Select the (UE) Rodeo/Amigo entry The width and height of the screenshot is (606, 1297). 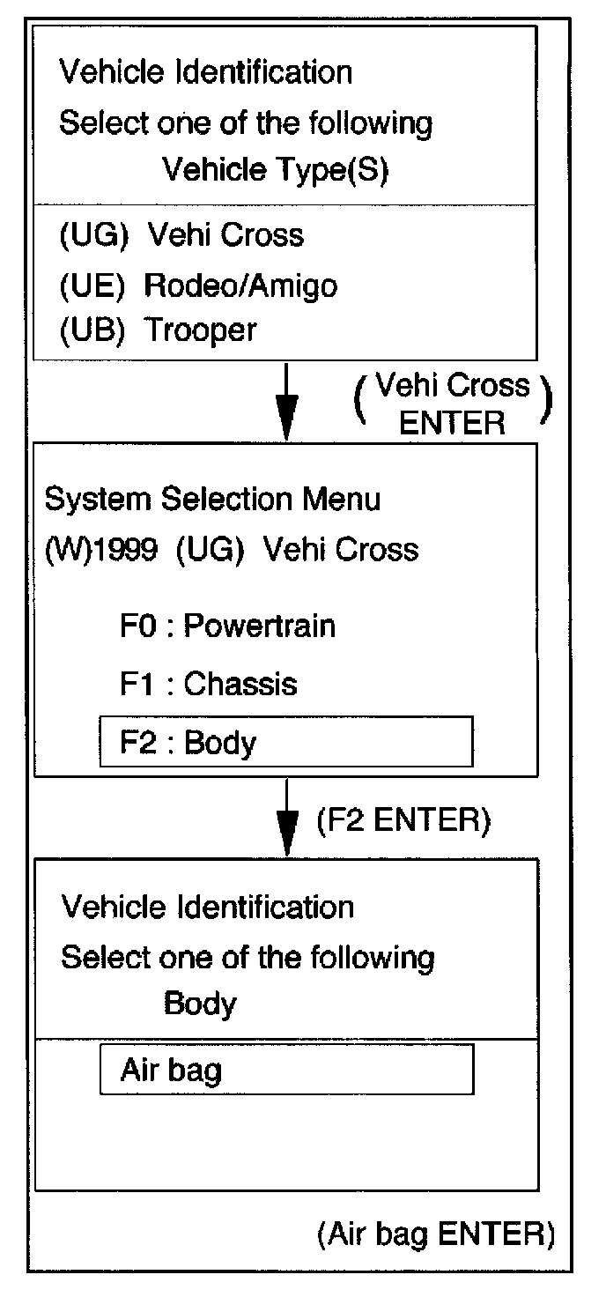(197, 285)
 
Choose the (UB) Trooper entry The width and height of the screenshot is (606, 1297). (158, 330)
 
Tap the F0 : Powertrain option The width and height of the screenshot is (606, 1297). (227, 626)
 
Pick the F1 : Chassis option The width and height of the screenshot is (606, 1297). (208, 684)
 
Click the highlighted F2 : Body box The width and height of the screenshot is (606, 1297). (286, 742)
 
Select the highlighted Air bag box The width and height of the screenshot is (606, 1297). (286, 1069)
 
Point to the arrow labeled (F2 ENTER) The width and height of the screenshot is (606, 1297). (286, 820)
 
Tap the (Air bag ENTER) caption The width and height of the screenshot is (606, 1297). (435, 1234)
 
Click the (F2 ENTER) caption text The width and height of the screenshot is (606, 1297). (402, 820)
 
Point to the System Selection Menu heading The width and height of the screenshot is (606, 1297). (212, 500)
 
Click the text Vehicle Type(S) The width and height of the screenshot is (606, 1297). (276, 169)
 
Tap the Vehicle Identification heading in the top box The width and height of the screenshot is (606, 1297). (205, 71)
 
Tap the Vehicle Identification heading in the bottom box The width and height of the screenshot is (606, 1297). (207, 907)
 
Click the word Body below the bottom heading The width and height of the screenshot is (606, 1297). (200, 1004)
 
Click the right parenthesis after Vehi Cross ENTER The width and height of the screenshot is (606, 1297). (546, 404)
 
